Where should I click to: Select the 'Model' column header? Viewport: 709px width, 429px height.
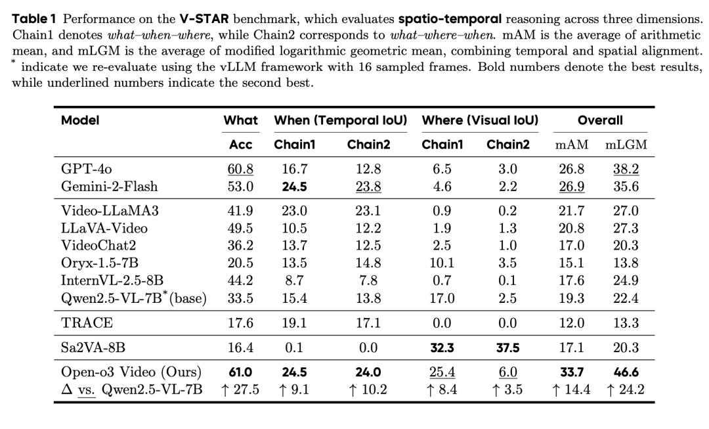click(x=80, y=120)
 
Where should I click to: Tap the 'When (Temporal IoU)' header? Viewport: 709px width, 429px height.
click(x=340, y=120)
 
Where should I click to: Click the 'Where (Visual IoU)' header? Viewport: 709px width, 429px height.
click(x=480, y=120)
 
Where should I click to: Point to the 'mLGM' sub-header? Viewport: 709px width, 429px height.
click(x=626, y=145)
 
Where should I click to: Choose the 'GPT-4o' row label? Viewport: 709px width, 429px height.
click(x=86, y=169)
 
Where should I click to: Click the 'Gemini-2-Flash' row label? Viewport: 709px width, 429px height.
click(x=109, y=187)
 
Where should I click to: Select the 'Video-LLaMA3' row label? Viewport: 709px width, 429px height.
click(x=110, y=211)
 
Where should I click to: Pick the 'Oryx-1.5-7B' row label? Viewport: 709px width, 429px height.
click(x=100, y=263)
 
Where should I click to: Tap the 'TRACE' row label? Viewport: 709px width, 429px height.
click(x=87, y=323)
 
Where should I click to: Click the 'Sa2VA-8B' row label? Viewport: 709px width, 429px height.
click(x=93, y=348)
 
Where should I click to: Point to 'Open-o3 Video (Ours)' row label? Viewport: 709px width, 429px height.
click(x=131, y=373)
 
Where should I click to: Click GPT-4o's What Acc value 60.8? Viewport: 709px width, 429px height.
click(x=240, y=169)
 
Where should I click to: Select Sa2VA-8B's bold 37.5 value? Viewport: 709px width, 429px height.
click(x=507, y=348)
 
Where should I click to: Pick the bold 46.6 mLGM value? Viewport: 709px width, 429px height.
click(x=626, y=373)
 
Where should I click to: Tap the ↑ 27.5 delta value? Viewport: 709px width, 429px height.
click(x=240, y=390)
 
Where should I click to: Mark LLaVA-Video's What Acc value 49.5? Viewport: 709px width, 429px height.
click(x=240, y=228)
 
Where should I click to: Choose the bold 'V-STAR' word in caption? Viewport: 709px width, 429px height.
click(x=203, y=18)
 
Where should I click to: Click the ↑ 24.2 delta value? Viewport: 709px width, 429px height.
click(x=626, y=390)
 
